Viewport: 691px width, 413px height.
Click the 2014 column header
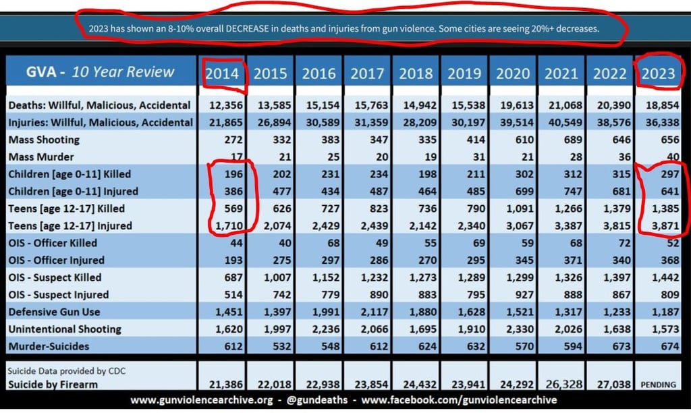pyautogui.click(x=223, y=73)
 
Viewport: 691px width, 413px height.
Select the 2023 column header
pyautogui.click(x=658, y=73)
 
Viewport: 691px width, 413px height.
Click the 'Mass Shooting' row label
pyautogui.click(x=44, y=140)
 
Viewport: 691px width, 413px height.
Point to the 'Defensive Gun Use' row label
pyautogui.click(x=54, y=312)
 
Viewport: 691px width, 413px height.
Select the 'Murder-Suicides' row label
pyautogui.click(x=48, y=346)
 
